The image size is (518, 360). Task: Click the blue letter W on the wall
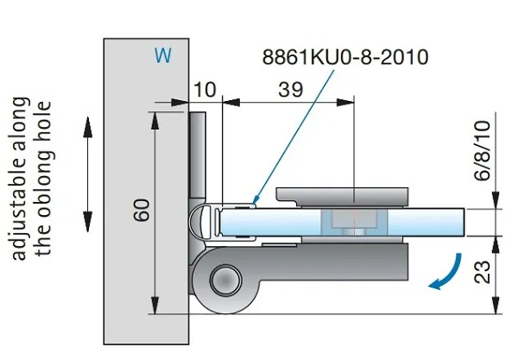[163, 55]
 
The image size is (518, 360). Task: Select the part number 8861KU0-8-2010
[345, 57]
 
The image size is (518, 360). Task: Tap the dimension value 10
[205, 90]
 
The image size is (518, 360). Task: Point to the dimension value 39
[290, 90]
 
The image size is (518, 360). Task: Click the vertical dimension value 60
[142, 210]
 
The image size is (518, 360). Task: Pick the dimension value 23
[483, 272]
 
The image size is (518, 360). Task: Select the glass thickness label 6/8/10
[483, 150]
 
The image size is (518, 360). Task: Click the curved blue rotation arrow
[446, 273]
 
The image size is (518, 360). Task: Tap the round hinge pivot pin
[226, 281]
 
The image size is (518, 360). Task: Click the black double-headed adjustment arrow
[87, 174]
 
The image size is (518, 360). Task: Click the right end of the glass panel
[464, 222]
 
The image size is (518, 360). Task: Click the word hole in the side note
[44, 111]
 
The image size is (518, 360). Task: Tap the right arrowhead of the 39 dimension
[345, 103]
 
